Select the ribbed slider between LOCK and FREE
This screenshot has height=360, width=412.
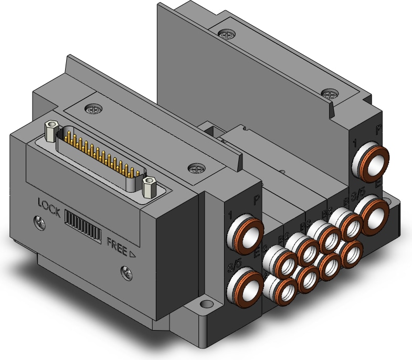click(82, 229)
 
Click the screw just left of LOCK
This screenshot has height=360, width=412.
click(38, 221)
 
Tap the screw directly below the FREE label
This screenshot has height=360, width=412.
click(126, 272)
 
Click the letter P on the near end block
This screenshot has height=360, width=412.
click(257, 199)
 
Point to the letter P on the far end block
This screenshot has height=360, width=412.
click(379, 128)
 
